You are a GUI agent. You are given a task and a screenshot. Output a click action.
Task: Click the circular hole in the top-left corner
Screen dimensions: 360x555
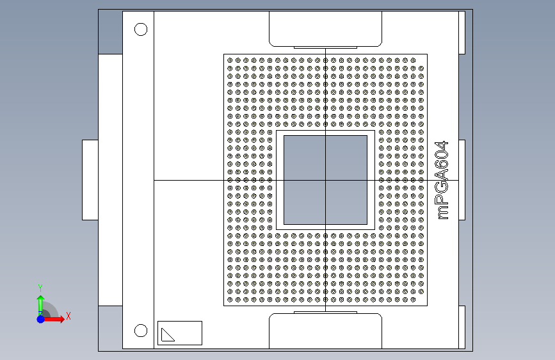pyautogui.click(x=140, y=29)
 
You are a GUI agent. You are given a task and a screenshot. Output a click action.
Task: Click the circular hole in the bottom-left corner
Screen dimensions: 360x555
pyautogui.click(x=140, y=331)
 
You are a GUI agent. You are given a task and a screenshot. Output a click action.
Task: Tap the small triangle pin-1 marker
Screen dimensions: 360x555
pyautogui.click(x=168, y=334)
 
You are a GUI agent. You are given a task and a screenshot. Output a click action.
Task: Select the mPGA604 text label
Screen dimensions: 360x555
pyautogui.click(x=442, y=181)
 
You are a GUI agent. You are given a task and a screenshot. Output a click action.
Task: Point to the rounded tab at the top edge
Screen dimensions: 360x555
pyautogui.click(x=325, y=29)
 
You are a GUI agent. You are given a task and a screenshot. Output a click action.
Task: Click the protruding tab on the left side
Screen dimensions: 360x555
pyautogui.click(x=90, y=180)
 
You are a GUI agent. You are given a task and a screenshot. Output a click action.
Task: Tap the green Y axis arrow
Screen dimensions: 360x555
pyautogui.click(x=40, y=302)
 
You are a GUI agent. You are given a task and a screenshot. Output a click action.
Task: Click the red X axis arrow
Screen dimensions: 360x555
pyautogui.click(x=57, y=318)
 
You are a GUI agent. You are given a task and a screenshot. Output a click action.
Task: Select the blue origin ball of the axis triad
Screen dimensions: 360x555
pyautogui.click(x=40, y=318)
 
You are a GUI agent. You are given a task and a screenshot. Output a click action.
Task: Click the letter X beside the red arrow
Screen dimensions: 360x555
pyautogui.click(x=68, y=316)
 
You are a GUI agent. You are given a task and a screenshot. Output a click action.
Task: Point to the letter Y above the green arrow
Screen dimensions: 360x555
pyautogui.click(x=40, y=288)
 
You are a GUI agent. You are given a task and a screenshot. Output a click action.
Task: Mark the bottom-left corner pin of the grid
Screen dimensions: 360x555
pyautogui.click(x=230, y=299)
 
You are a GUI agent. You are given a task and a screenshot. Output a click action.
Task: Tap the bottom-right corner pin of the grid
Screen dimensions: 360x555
pyautogui.click(x=421, y=299)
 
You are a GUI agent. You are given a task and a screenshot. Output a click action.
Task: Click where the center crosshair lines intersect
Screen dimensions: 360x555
pyautogui.click(x=325, y=180)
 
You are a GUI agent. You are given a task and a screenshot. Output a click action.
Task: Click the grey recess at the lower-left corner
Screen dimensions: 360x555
pyautogui.click(x=110, y=327)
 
